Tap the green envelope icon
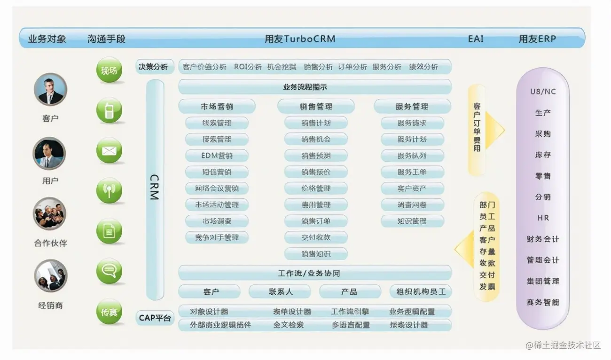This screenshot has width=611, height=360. (109, 151)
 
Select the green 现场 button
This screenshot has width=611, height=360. (109, 71)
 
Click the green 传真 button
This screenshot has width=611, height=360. (109, 312)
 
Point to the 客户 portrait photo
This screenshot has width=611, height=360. (50, 90)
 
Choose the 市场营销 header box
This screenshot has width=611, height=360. (217, 107)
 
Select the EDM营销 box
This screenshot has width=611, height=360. (217, 156)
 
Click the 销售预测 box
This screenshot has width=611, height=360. (316, 156)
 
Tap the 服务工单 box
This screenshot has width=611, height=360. (412, 172)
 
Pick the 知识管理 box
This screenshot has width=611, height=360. (412, 221)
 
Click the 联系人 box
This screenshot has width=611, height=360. (280, 292)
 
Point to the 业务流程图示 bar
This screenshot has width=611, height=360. (315, 87)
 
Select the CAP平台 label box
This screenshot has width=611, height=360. (155, 318)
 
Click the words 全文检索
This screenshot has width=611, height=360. (289, 325)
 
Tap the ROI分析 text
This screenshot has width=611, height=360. (248, 67)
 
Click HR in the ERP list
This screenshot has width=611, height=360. (543, 218)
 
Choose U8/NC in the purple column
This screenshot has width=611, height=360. (543, 92)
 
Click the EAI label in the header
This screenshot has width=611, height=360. (476, 39)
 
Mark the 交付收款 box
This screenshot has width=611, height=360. (316, 237)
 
